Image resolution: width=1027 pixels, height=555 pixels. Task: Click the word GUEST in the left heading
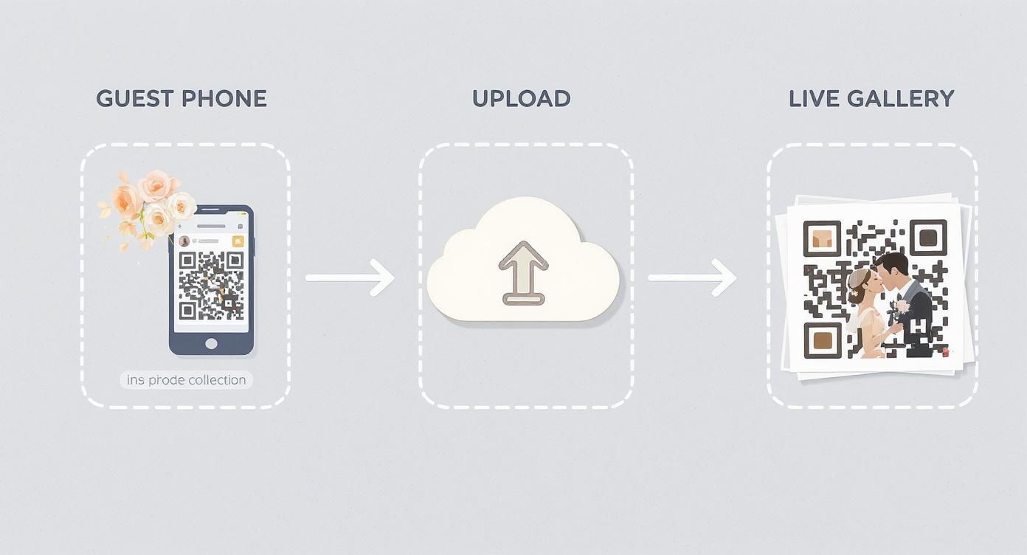tap(134, 99)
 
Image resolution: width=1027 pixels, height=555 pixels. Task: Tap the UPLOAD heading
tap(521, 99)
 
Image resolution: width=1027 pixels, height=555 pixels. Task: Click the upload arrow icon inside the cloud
tap(523, 272)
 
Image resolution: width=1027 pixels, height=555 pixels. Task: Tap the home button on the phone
tap(211, 343)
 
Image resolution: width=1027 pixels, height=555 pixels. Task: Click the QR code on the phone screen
tap(211, 285)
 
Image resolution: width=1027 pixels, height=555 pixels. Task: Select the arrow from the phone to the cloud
tap(350, 277)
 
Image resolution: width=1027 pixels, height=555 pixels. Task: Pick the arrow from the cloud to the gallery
tap(692, 277)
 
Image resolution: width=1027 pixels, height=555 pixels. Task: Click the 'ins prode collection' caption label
tap(186, 380)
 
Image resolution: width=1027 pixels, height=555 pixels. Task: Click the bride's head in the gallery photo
tap(860, 284)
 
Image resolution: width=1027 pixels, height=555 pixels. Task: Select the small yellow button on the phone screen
tap(238, 241)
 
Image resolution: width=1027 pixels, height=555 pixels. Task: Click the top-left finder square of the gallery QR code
tap(821, 238)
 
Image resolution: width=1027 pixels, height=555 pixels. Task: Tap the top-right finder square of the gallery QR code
tap(928, 238)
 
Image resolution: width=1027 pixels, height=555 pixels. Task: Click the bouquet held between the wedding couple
tap(899, 308)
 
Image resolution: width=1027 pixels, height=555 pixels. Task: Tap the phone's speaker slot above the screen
tap(210, 226)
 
